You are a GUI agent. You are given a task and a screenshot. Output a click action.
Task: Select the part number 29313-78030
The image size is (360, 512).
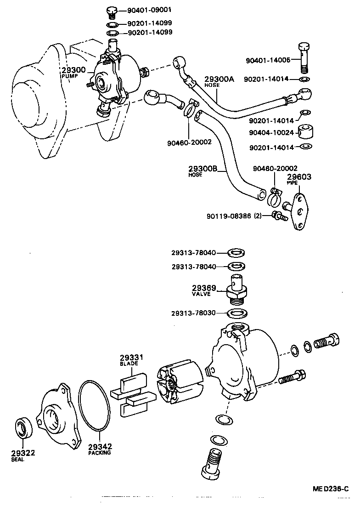point(200,313)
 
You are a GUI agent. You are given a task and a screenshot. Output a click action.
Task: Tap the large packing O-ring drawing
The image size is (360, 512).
point(94,404)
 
